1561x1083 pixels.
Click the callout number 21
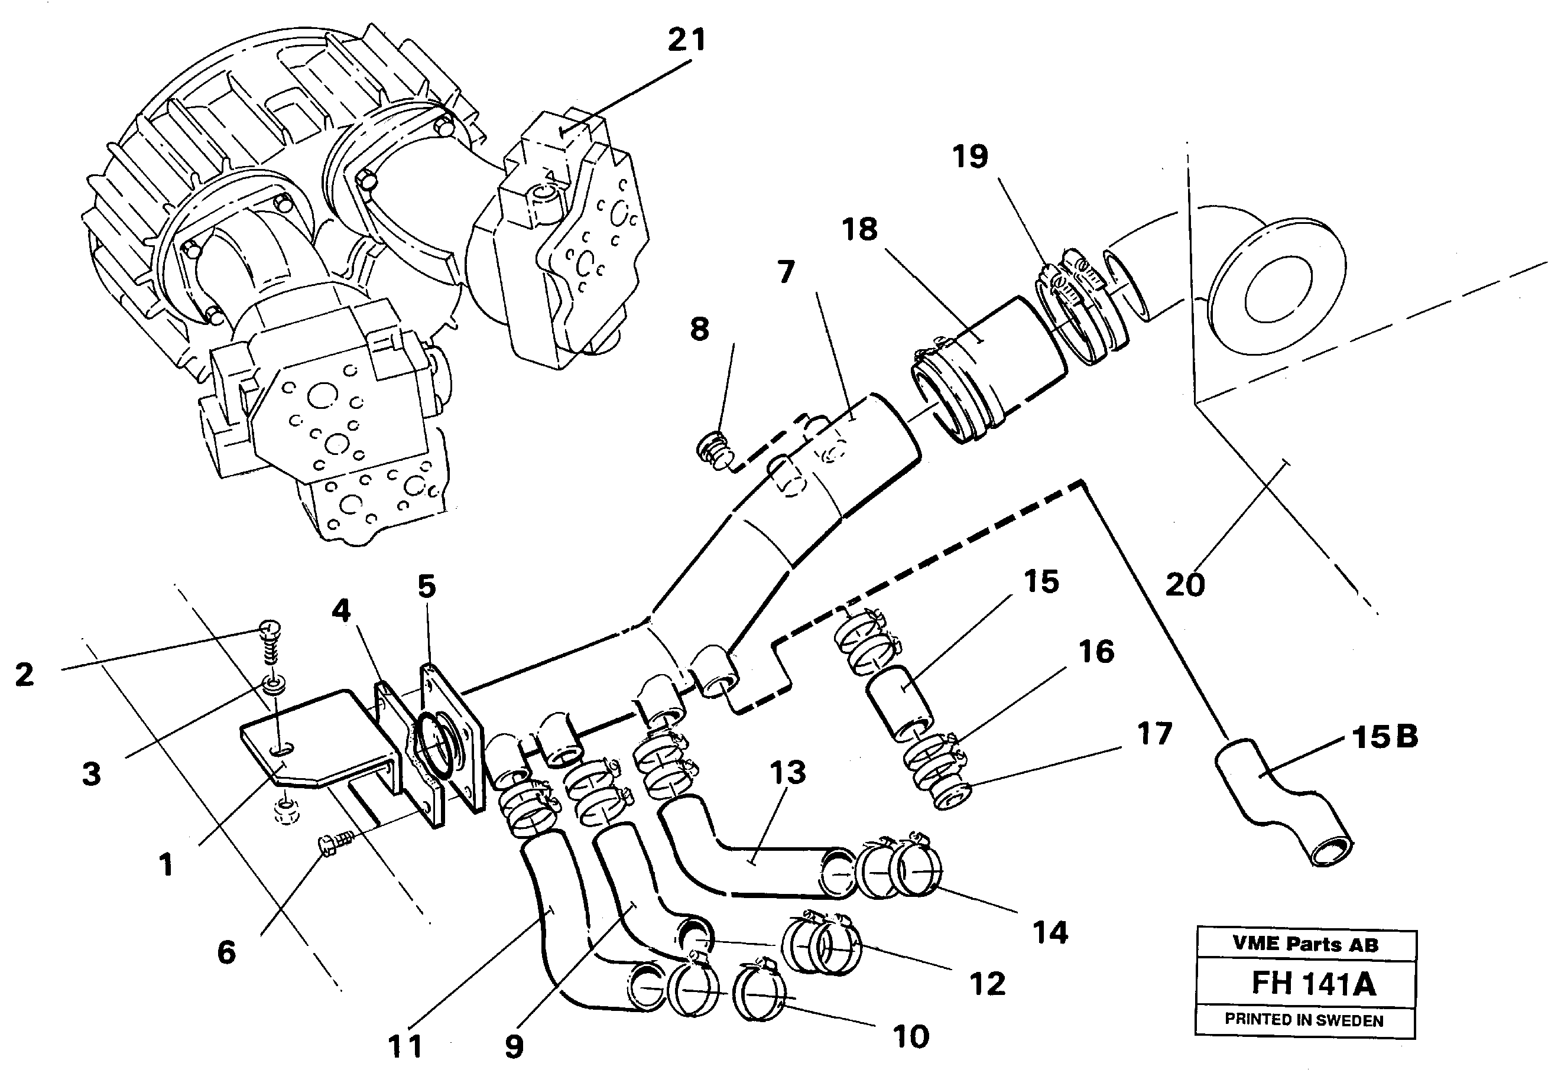click(687, 41)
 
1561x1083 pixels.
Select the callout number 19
click(970, 157)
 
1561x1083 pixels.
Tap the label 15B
click(1384, 737)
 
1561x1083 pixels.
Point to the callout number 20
click(1184, 584)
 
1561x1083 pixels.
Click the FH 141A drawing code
click(1313, 983)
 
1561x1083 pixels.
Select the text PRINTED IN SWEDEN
click(1303, 1020)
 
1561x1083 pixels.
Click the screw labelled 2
click(270, 640)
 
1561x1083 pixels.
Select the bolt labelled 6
click(333, 845)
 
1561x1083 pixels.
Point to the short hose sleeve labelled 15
click(899, 703)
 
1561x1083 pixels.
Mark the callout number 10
click(910, 1036)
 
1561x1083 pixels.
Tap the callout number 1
click(165, 865)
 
